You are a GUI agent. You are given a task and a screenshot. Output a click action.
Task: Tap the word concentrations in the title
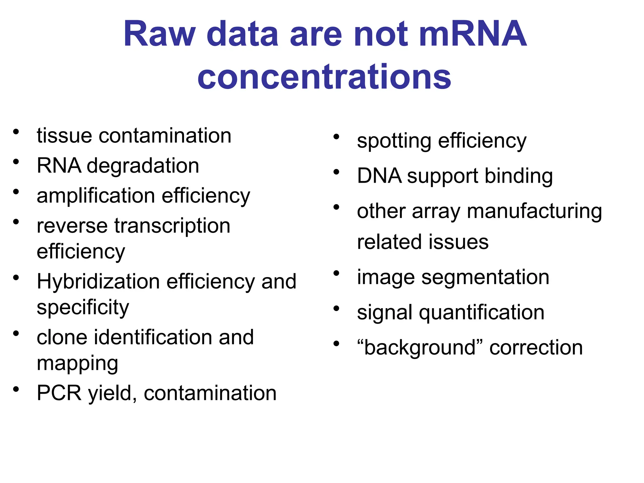tap(324, 77)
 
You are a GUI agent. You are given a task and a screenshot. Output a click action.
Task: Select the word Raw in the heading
tap(160, 34)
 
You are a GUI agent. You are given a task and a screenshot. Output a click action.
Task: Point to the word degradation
tap(143, 166)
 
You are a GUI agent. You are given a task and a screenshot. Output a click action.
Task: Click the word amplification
tap(96, 196)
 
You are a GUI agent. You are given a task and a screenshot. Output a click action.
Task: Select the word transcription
tap(172, 226)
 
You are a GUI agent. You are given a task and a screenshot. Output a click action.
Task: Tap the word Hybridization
tap(98, 281)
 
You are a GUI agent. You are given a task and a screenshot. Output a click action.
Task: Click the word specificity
tap(83, 307)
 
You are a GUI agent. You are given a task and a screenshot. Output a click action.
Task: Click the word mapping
tap(77, 364)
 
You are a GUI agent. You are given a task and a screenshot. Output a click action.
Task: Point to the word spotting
tap(394, 141)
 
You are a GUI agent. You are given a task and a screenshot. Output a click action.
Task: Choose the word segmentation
tap(485, 277)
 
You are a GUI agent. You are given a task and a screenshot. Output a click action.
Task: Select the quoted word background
tap(420, 348)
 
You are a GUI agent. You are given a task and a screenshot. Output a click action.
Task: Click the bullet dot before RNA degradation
tap(16, 162)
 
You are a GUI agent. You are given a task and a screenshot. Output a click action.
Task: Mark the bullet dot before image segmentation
tap(336, 273)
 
